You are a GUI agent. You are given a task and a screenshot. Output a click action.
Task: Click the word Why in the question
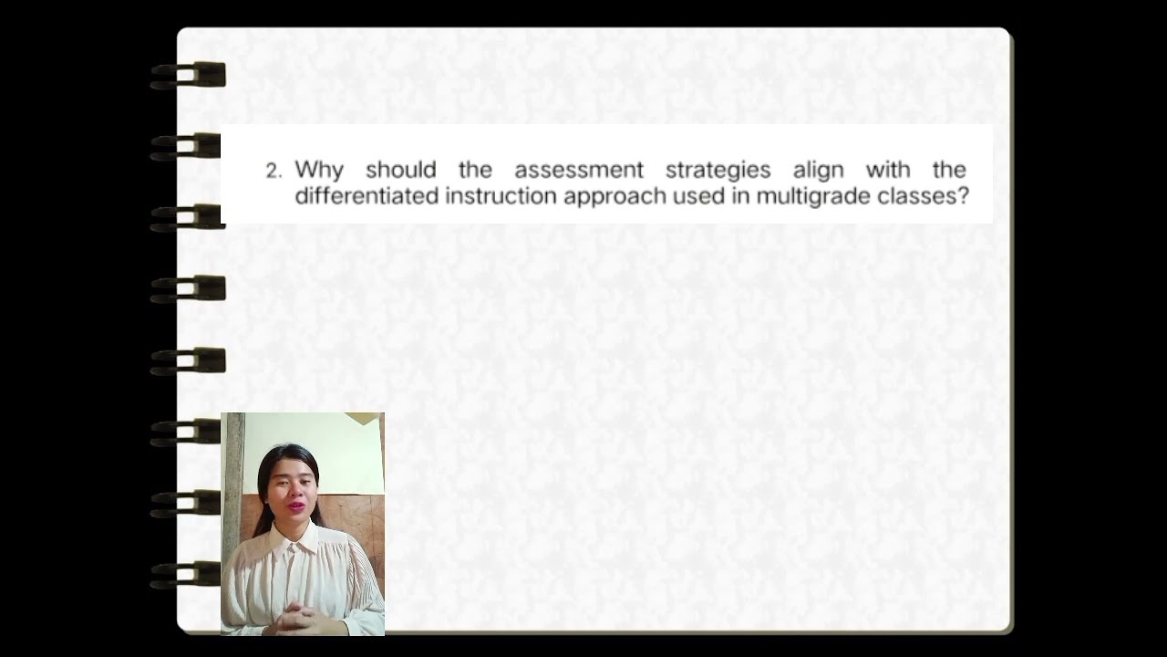coord(318,171)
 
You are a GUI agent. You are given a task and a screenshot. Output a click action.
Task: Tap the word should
coord(400,170)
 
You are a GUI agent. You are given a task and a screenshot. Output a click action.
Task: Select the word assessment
coord(578,170)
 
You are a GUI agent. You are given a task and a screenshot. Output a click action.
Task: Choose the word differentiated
coord(367,196)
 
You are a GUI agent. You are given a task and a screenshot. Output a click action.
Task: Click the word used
coord(697,196)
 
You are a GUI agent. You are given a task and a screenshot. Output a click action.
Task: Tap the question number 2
coord(273,171)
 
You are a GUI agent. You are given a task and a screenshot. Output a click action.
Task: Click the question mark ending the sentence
coord(963,196)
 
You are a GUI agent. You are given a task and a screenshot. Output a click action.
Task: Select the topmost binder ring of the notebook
coord(189,75)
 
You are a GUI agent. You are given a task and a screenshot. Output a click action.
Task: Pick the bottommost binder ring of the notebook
coord(189,574)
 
